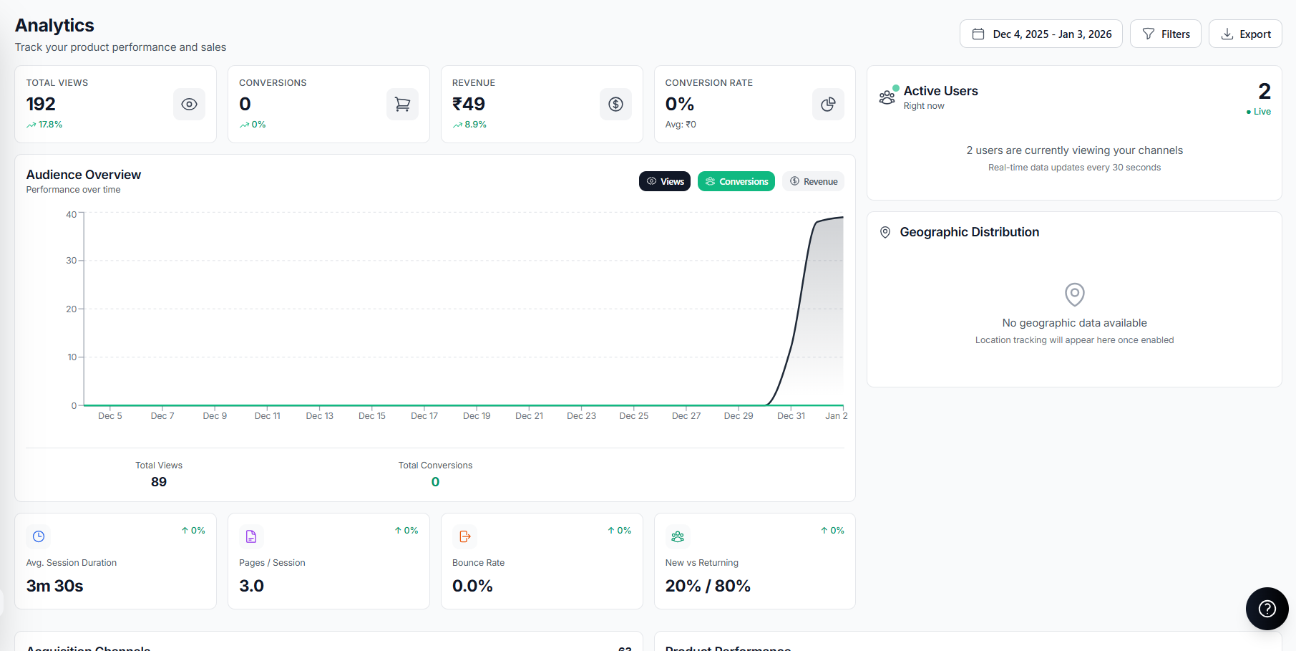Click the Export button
1245,34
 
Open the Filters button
1165,34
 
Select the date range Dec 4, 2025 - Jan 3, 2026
1041,34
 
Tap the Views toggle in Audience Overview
665,182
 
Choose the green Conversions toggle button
736,182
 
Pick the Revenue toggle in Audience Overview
813,182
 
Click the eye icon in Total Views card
189,105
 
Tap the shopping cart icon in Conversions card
402,105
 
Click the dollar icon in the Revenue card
615,105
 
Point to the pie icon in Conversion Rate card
828,105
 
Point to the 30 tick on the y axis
72,261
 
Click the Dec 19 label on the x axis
477,416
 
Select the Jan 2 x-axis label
836,416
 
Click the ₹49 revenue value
469,105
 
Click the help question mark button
1267,609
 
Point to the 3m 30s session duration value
55,586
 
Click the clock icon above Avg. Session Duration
39,536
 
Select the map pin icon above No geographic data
1074,294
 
